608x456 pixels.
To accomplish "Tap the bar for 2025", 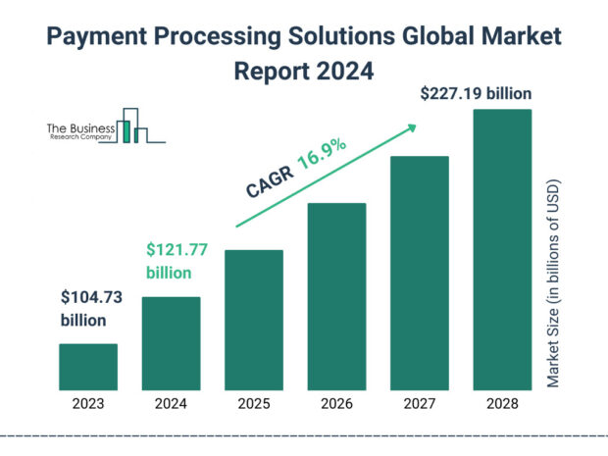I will [254, 320].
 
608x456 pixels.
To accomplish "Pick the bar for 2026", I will [337, 296].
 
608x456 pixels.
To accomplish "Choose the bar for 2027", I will [420, 273].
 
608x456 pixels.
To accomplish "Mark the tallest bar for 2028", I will [503, 249].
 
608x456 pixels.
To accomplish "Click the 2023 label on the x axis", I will [88, 403].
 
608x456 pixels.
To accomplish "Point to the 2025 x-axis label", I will [254, 403].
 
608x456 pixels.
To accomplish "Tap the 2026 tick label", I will [337, 403].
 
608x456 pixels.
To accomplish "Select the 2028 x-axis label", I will [503, 403].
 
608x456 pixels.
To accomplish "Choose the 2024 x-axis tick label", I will [172, 403].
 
